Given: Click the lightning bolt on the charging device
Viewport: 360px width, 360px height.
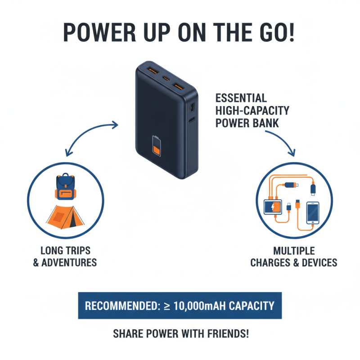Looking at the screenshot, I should pyautogui.click(x=274, y=207).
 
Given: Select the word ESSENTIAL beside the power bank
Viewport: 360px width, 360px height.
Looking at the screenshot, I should pyautogui.click(x=241, y=98).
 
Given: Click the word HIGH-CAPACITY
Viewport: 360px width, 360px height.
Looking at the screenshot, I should pyautogui.click(x=253, y=110).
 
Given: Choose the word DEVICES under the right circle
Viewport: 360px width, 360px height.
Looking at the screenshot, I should pyautogui.click(x=316, y=262).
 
